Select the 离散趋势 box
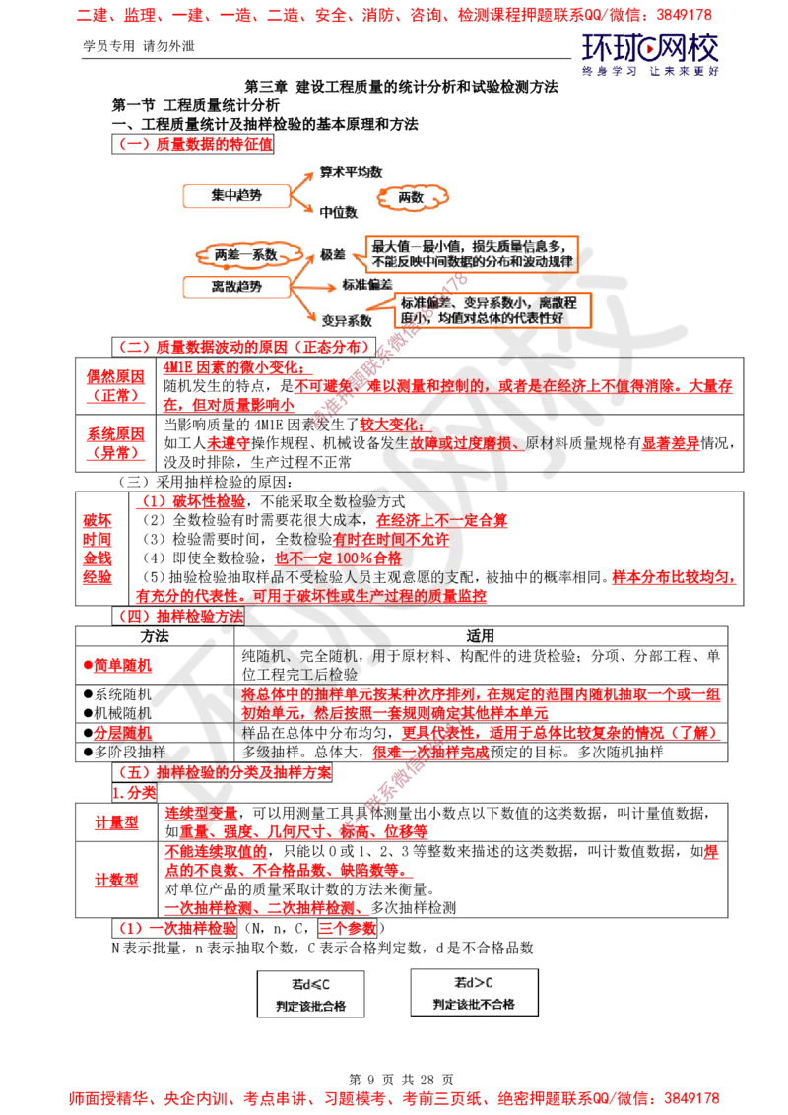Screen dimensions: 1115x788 coord(236,286)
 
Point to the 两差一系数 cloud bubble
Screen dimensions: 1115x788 coord(244,254)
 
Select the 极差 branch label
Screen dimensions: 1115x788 coord(331,254)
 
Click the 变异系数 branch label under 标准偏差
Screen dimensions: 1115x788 coord(347,320)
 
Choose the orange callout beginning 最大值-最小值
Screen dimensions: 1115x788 coord(471,252)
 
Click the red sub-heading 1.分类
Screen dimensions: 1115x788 coord(134,794)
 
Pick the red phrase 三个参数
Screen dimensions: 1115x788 coord(347,928)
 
